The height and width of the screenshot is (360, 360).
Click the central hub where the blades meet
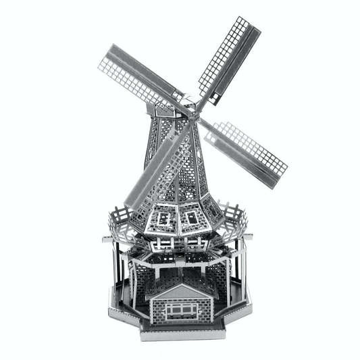pos(190,108)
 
